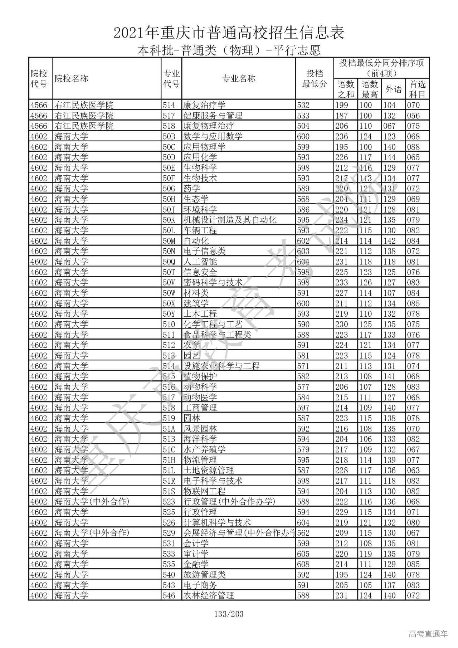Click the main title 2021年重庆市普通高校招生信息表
click(x=229, y=33)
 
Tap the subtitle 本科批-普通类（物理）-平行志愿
click(x=229, y=50)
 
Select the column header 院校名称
click(x=71, y=79)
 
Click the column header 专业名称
click(x=239, y=79)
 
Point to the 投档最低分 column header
click(x=315, y=79)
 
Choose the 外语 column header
click(x=394, y=89)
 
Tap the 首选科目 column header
click(x=418, y=89)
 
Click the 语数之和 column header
click(x=346, y=89)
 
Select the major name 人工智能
click(x=200, y=262)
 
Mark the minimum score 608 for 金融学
click(x=303, y=564)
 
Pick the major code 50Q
click(x=169, y=262)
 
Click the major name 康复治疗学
click(x=204, y=105)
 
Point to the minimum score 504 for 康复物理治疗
click(x=303, y=126)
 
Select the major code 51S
click(x=169, y=491)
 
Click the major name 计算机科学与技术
click(x=217, y=522)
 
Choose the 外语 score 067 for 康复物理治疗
click(x=389, y=126)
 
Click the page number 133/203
click(x=229, y=614)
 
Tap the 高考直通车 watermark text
click(x=428, y=634)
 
